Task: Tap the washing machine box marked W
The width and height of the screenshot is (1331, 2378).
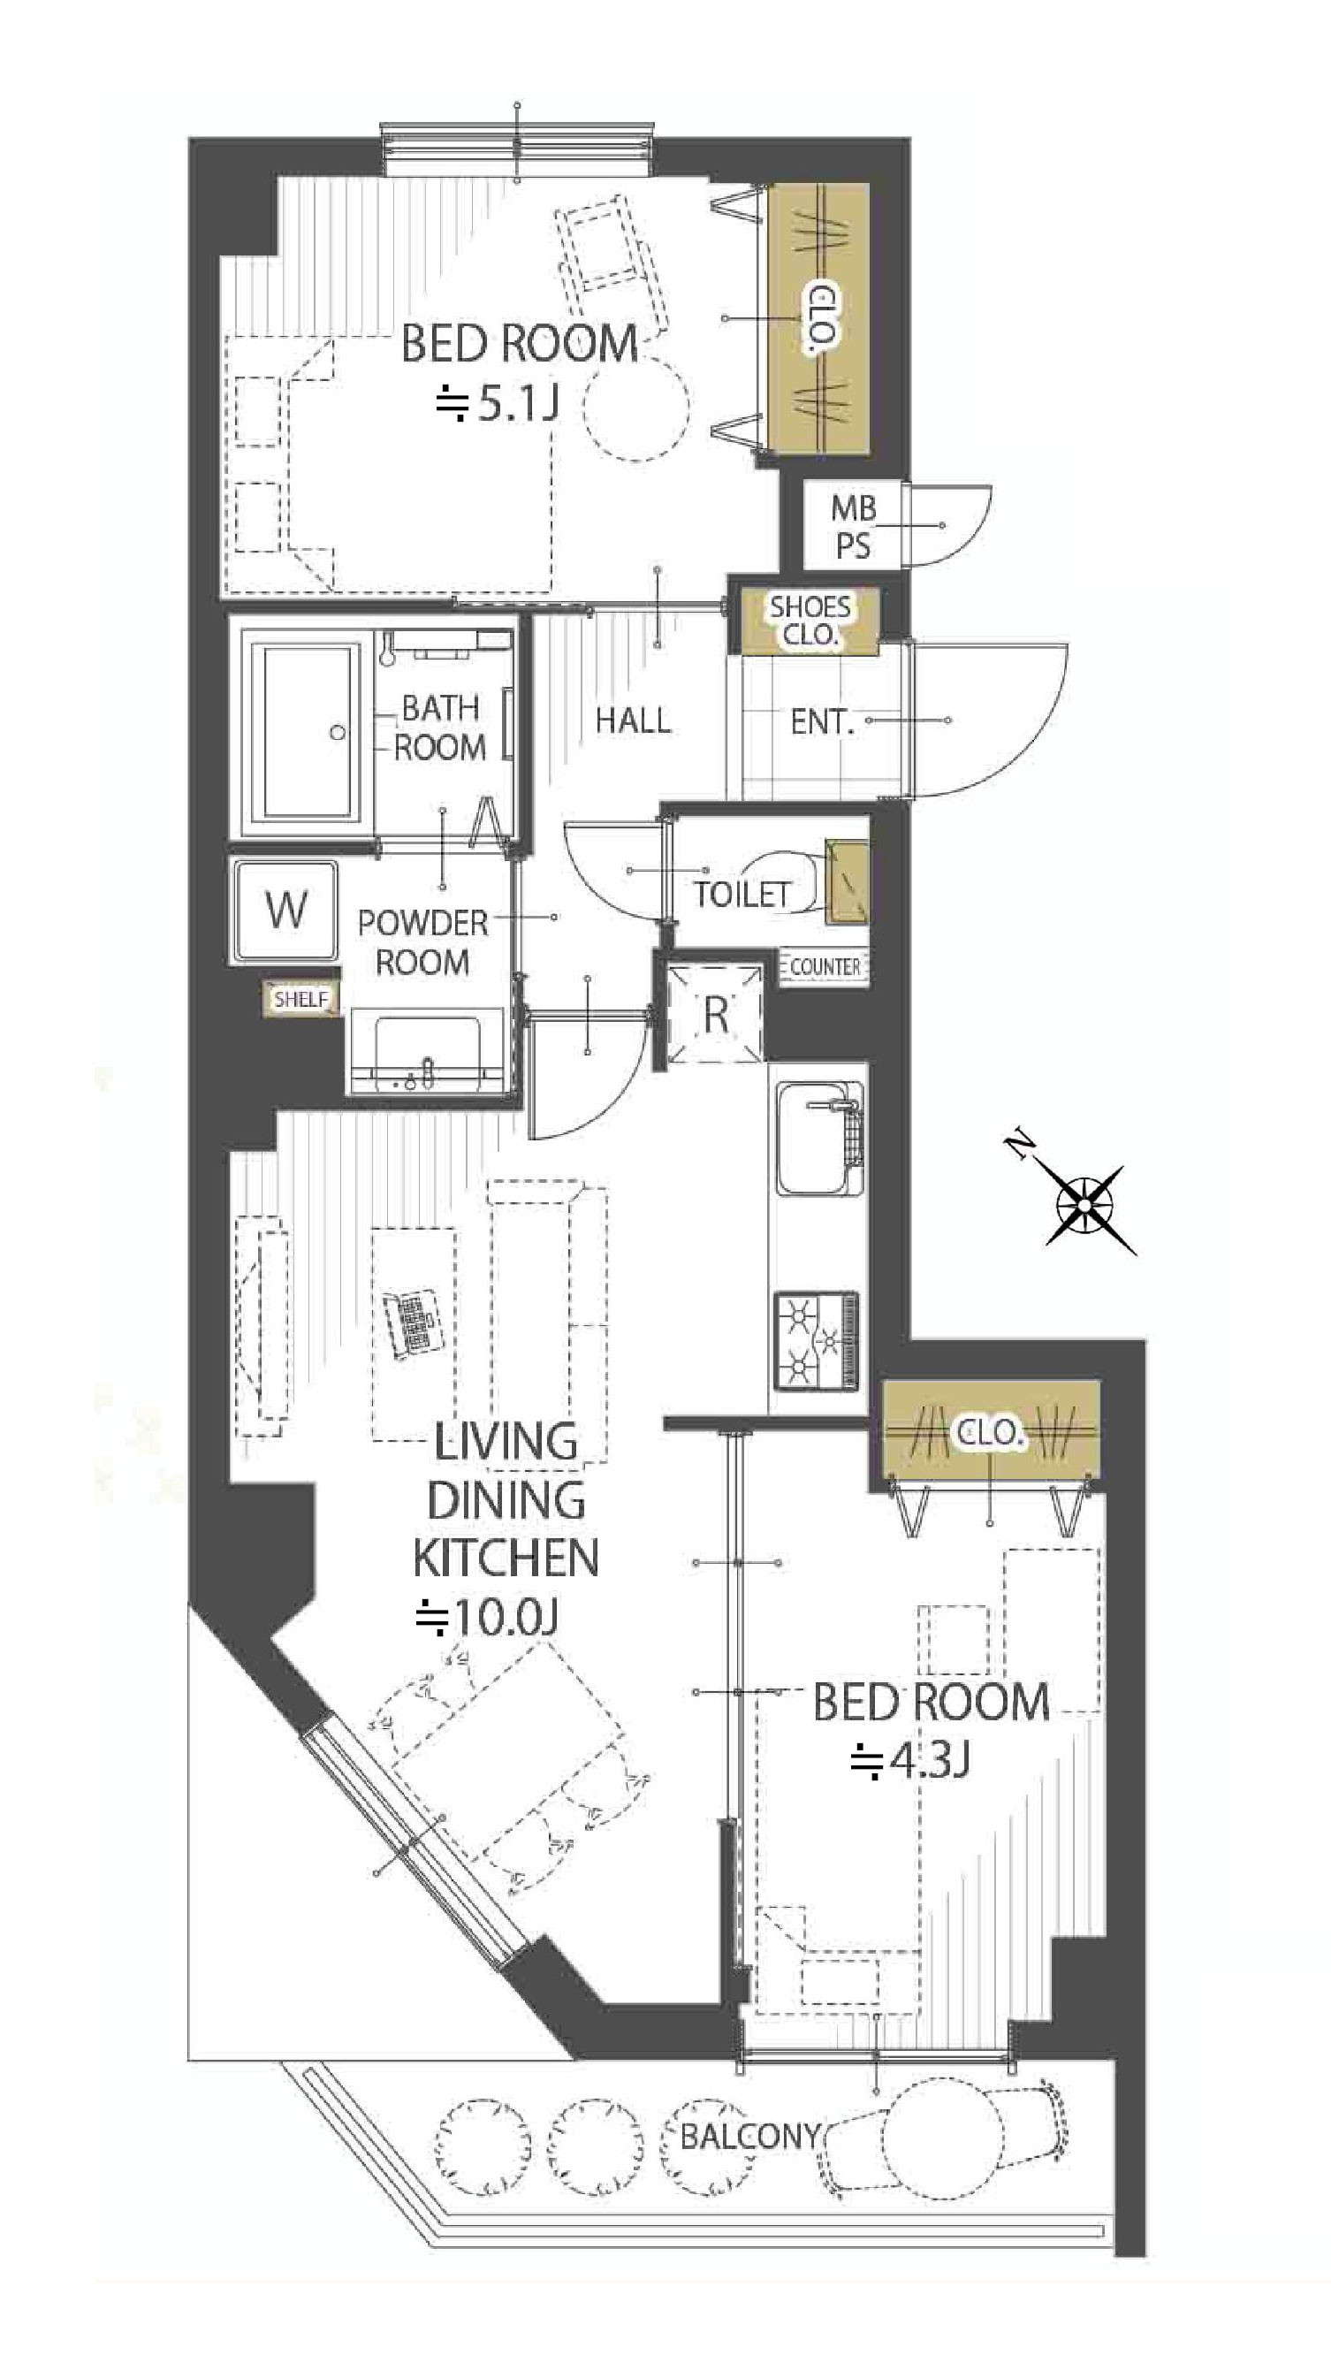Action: [x=285, y=911]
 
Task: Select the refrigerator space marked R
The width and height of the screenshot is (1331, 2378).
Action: [x=715, y=1013]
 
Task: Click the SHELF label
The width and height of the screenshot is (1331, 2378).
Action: [x=300, y=999]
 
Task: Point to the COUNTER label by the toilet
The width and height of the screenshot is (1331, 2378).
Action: [x=825, y=966]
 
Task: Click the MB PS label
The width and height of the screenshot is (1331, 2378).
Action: [x=853, y=526]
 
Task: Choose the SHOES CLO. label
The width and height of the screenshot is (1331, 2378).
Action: [x=810, y=621]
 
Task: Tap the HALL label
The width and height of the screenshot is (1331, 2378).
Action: [x=632, y=720]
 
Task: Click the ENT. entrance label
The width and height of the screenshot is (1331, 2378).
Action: [x=822, y=722]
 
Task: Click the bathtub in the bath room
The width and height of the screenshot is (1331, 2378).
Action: [x=308, y=732]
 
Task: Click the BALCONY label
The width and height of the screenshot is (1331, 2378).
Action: [x=749, y=2135]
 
